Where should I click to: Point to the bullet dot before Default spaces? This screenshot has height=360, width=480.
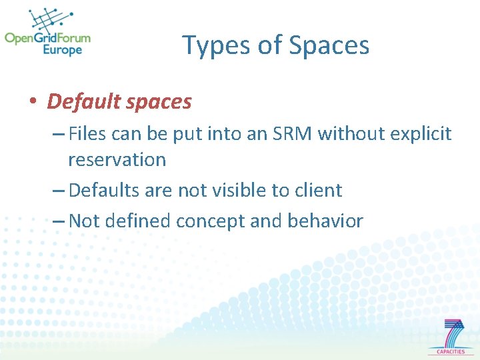32,103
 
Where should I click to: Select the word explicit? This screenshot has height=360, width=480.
419,134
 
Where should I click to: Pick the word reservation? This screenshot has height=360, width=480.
117,160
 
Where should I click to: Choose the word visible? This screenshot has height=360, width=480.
238,190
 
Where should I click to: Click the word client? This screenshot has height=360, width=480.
317,190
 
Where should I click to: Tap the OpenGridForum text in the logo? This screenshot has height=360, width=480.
47,37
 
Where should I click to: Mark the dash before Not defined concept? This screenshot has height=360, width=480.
58,221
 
